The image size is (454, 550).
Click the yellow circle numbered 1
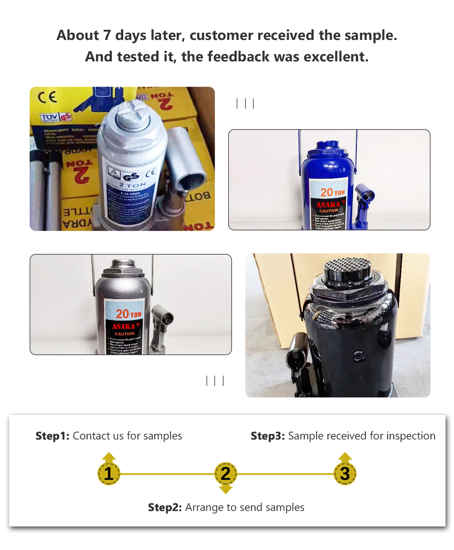click(x=109, y=474)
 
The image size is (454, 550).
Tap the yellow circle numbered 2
click(x=226, y=474)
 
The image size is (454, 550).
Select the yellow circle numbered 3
click(x=345, y=474)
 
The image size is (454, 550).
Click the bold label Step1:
click(x=53, y=436)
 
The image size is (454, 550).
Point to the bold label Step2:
click(x=165, y=508)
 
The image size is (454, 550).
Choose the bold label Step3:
click(x=268, y=436)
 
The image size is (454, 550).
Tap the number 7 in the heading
click(x=107, y=35)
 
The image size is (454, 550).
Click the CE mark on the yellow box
click(x=47, y=98)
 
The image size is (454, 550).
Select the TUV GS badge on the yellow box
click(x=56, y=117)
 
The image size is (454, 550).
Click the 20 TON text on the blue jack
click(x=333, y=193)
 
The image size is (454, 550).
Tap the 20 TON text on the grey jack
click(x=129, y=314)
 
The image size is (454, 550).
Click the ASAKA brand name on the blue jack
click(x=328, y=205)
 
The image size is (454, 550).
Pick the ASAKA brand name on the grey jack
click(x=124, y=326)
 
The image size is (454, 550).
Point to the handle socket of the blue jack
click(x=366, y=196)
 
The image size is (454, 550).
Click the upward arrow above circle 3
click(x=345, y=457)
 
